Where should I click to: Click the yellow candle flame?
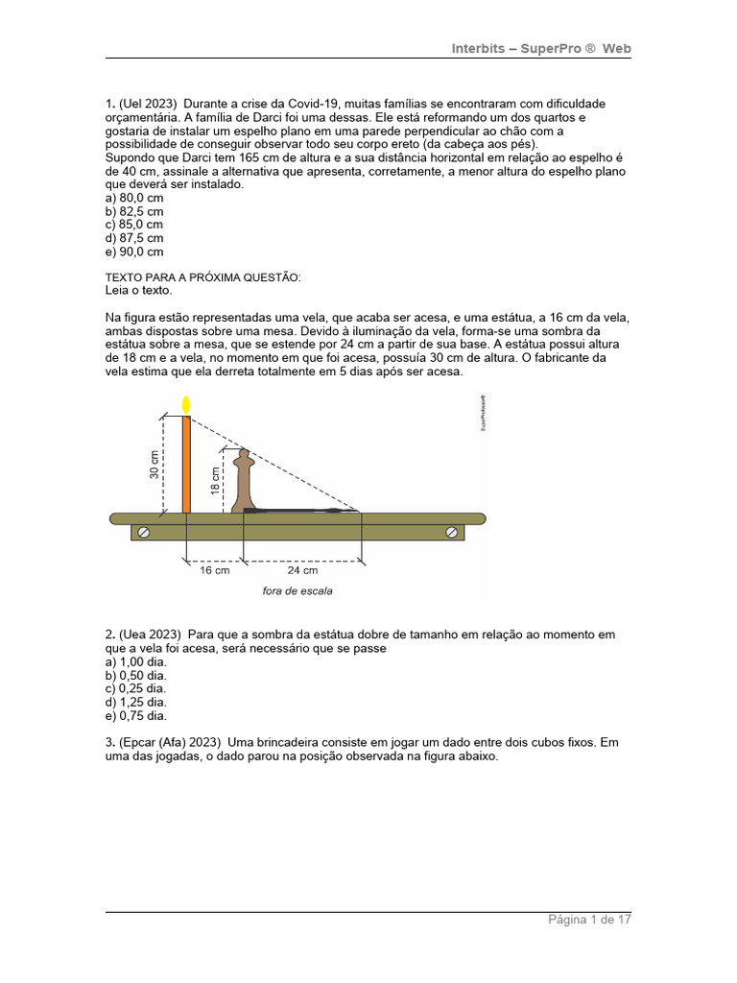pos(186,404)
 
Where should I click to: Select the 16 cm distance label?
pos(215,570)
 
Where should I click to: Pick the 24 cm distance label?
pos(303,570)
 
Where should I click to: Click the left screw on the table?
pos(144,533)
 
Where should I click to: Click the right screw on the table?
pos(451,533)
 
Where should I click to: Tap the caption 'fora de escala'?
pos(297,591)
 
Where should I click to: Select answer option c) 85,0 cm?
pos(134,225)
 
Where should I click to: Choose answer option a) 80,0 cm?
pos(134,198)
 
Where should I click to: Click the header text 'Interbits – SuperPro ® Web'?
pos(541,49)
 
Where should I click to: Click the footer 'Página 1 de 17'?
pos(589,920)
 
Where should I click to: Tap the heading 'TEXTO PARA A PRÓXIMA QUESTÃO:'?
pos(202,277)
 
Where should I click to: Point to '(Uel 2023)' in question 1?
pos(148,104)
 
